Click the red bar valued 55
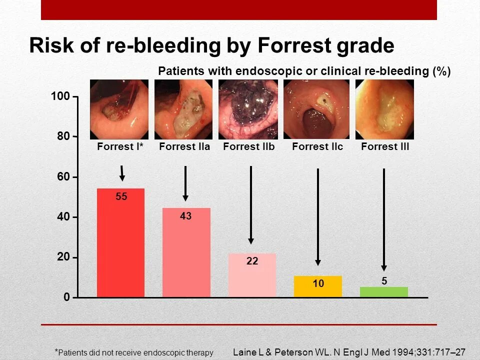[120, 243]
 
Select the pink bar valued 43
[186, 252]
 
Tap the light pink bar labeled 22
[252, 275]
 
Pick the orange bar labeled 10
[318, 286]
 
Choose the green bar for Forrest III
[384, 292]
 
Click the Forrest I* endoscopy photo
[119, 109]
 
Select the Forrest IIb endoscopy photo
[248, 109]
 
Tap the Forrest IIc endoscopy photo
[316, 109]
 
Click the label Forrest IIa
[184, 147]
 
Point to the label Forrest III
[385, 147]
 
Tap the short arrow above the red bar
[121, 173]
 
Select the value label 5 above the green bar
[384, 281]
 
